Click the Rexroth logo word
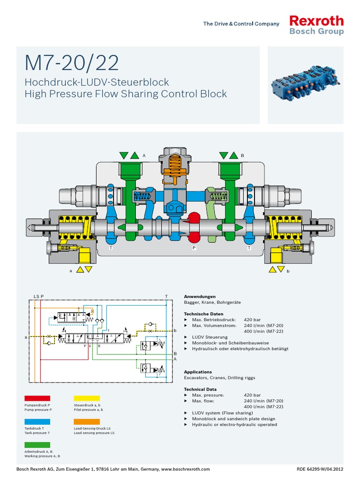316,21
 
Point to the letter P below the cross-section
193,247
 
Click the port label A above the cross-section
144,155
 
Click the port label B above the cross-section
242,155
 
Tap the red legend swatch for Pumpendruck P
37,398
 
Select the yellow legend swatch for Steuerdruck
87,398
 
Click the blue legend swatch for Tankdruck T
37,421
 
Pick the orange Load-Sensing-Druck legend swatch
87,421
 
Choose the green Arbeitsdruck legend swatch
37,444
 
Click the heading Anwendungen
200,297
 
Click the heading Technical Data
200,389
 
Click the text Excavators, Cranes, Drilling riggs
219,378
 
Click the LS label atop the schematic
36,297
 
